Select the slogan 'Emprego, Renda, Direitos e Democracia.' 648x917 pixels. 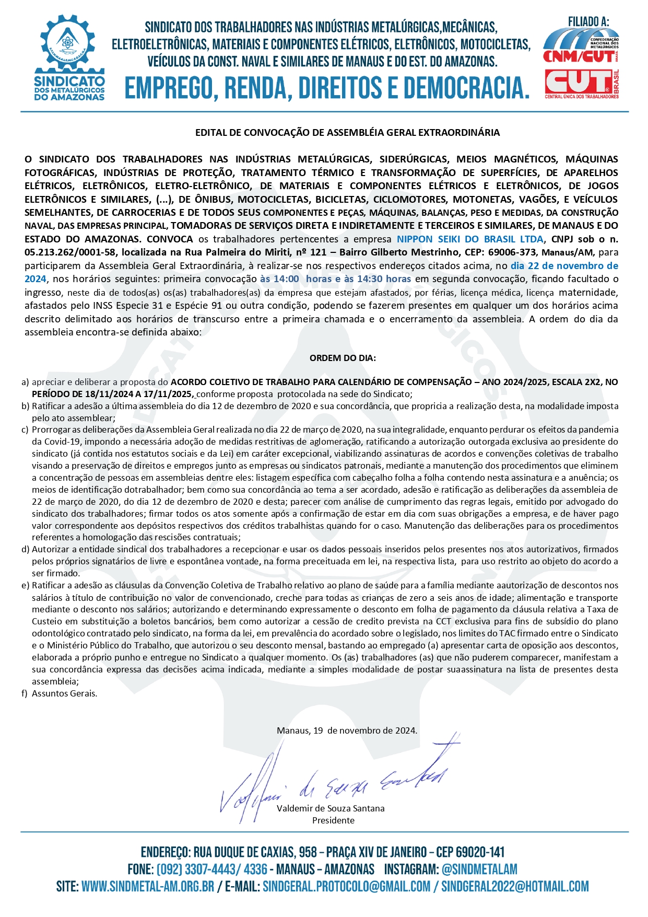pyautogui.click(x=327, y=88)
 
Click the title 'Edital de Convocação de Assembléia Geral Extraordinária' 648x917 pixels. pyautogui.click(x=347, y=133)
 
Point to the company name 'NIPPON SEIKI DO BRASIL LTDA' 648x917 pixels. pyautogui.click(x=470, y=239)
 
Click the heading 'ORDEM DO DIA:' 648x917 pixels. pyautogui.click(x=343, y=358)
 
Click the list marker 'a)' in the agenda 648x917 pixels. pyautogui.click(x=25, y=382)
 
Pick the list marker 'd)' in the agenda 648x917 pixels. pyautogui.click(x=25, y=550)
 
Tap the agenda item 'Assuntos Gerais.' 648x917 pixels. pyautogui.click(x=64, y=694)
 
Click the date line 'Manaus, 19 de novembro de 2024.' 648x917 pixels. pyautogui.click(x=347, y=731)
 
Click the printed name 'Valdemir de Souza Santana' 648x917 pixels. pyautogui.click(x=331, y=808)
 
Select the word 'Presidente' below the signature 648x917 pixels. pyautogui.click(x=333, y=820)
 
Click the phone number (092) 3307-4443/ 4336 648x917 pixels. pyautogui.click(x=212, y=869)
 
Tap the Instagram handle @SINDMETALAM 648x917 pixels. pyautogui.click(x=479, y=869)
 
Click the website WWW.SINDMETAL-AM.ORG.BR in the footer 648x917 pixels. pyautogui.click(x=148, y=887)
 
